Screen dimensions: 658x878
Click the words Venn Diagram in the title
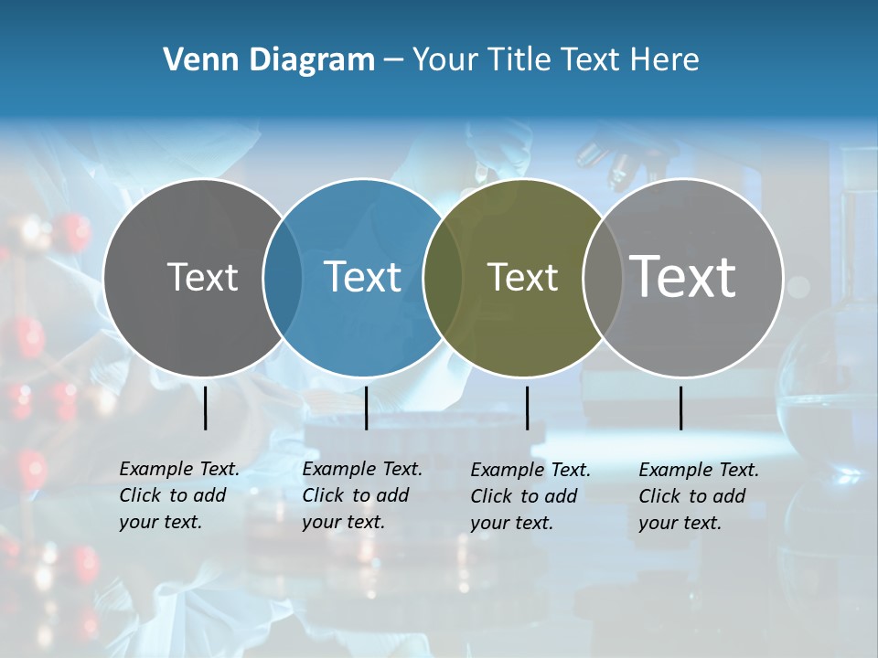point(268,60)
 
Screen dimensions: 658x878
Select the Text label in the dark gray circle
point(202,277)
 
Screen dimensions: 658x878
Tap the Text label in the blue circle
point(362,277)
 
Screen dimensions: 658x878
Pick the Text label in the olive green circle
point(522,277)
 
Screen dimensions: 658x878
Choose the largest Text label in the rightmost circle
point(682,276)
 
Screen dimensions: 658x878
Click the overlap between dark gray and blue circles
point(283,278)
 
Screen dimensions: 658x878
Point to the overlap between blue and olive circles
point(443,278)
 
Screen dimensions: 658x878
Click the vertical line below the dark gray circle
point(206,408)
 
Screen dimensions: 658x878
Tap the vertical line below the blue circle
point(366,408)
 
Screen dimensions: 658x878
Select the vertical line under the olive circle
point(527,408)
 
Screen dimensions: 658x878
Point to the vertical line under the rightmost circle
point(680,408)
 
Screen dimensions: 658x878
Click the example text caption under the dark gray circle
point(178,495)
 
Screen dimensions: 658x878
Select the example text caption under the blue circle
point(361,495)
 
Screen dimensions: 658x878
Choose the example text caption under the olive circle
point(530,496)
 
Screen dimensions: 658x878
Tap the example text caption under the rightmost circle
point(698,496)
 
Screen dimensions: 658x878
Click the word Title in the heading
point(521,60)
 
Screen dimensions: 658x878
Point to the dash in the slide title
point(392,61)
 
